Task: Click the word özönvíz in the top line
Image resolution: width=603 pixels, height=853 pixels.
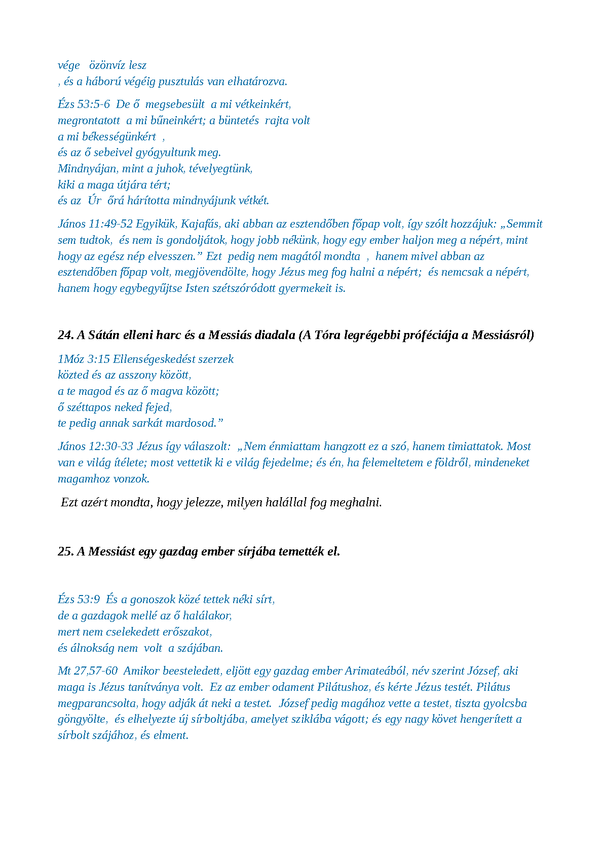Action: click(x=107, y=65)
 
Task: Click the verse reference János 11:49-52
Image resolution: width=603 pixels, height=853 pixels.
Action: click(x=95, y=224)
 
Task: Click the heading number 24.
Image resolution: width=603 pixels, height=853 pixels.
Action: click(x=65, y=335)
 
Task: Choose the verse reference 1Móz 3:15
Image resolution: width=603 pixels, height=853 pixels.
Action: click(x=84, y=359)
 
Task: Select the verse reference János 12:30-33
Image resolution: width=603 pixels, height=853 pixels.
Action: click(x=95, y=447)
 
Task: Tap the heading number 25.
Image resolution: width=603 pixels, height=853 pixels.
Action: click(x=65, y=551)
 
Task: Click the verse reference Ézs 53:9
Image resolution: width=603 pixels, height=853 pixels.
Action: click(x=79, y=600)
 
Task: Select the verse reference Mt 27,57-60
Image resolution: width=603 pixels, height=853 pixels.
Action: click(x=88, y=671)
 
